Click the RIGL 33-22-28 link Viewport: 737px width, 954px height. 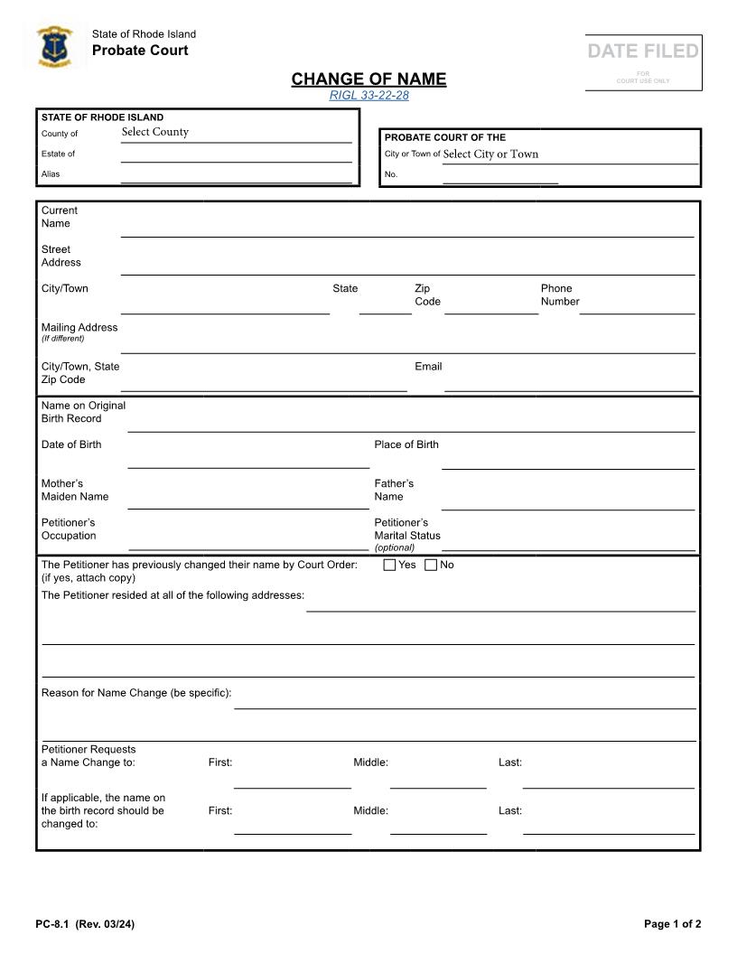pos(368,96)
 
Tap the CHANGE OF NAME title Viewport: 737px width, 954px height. pos(368,79)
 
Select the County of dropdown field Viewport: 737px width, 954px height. pos(236,133)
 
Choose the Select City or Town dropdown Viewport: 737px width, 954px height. pos(569,154)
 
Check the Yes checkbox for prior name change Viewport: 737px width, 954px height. pos(390,566)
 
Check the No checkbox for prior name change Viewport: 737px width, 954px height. pos(431,566)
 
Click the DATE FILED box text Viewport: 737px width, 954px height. pos(643,51)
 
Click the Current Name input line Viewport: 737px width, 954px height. pos(406,226)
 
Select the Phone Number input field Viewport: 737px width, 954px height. pos(637,304)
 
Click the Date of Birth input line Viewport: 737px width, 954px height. pos(248,458)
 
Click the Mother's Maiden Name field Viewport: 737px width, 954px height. pos(248,499)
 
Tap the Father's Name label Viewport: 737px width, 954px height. pos(394,490)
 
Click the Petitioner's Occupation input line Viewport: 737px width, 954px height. pos(248,539)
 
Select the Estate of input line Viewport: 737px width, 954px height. pos(236,154)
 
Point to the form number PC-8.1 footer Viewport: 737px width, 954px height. pos(86,923)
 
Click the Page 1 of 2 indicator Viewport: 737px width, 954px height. pos(672,923)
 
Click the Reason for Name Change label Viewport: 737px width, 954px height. pos(136,693)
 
